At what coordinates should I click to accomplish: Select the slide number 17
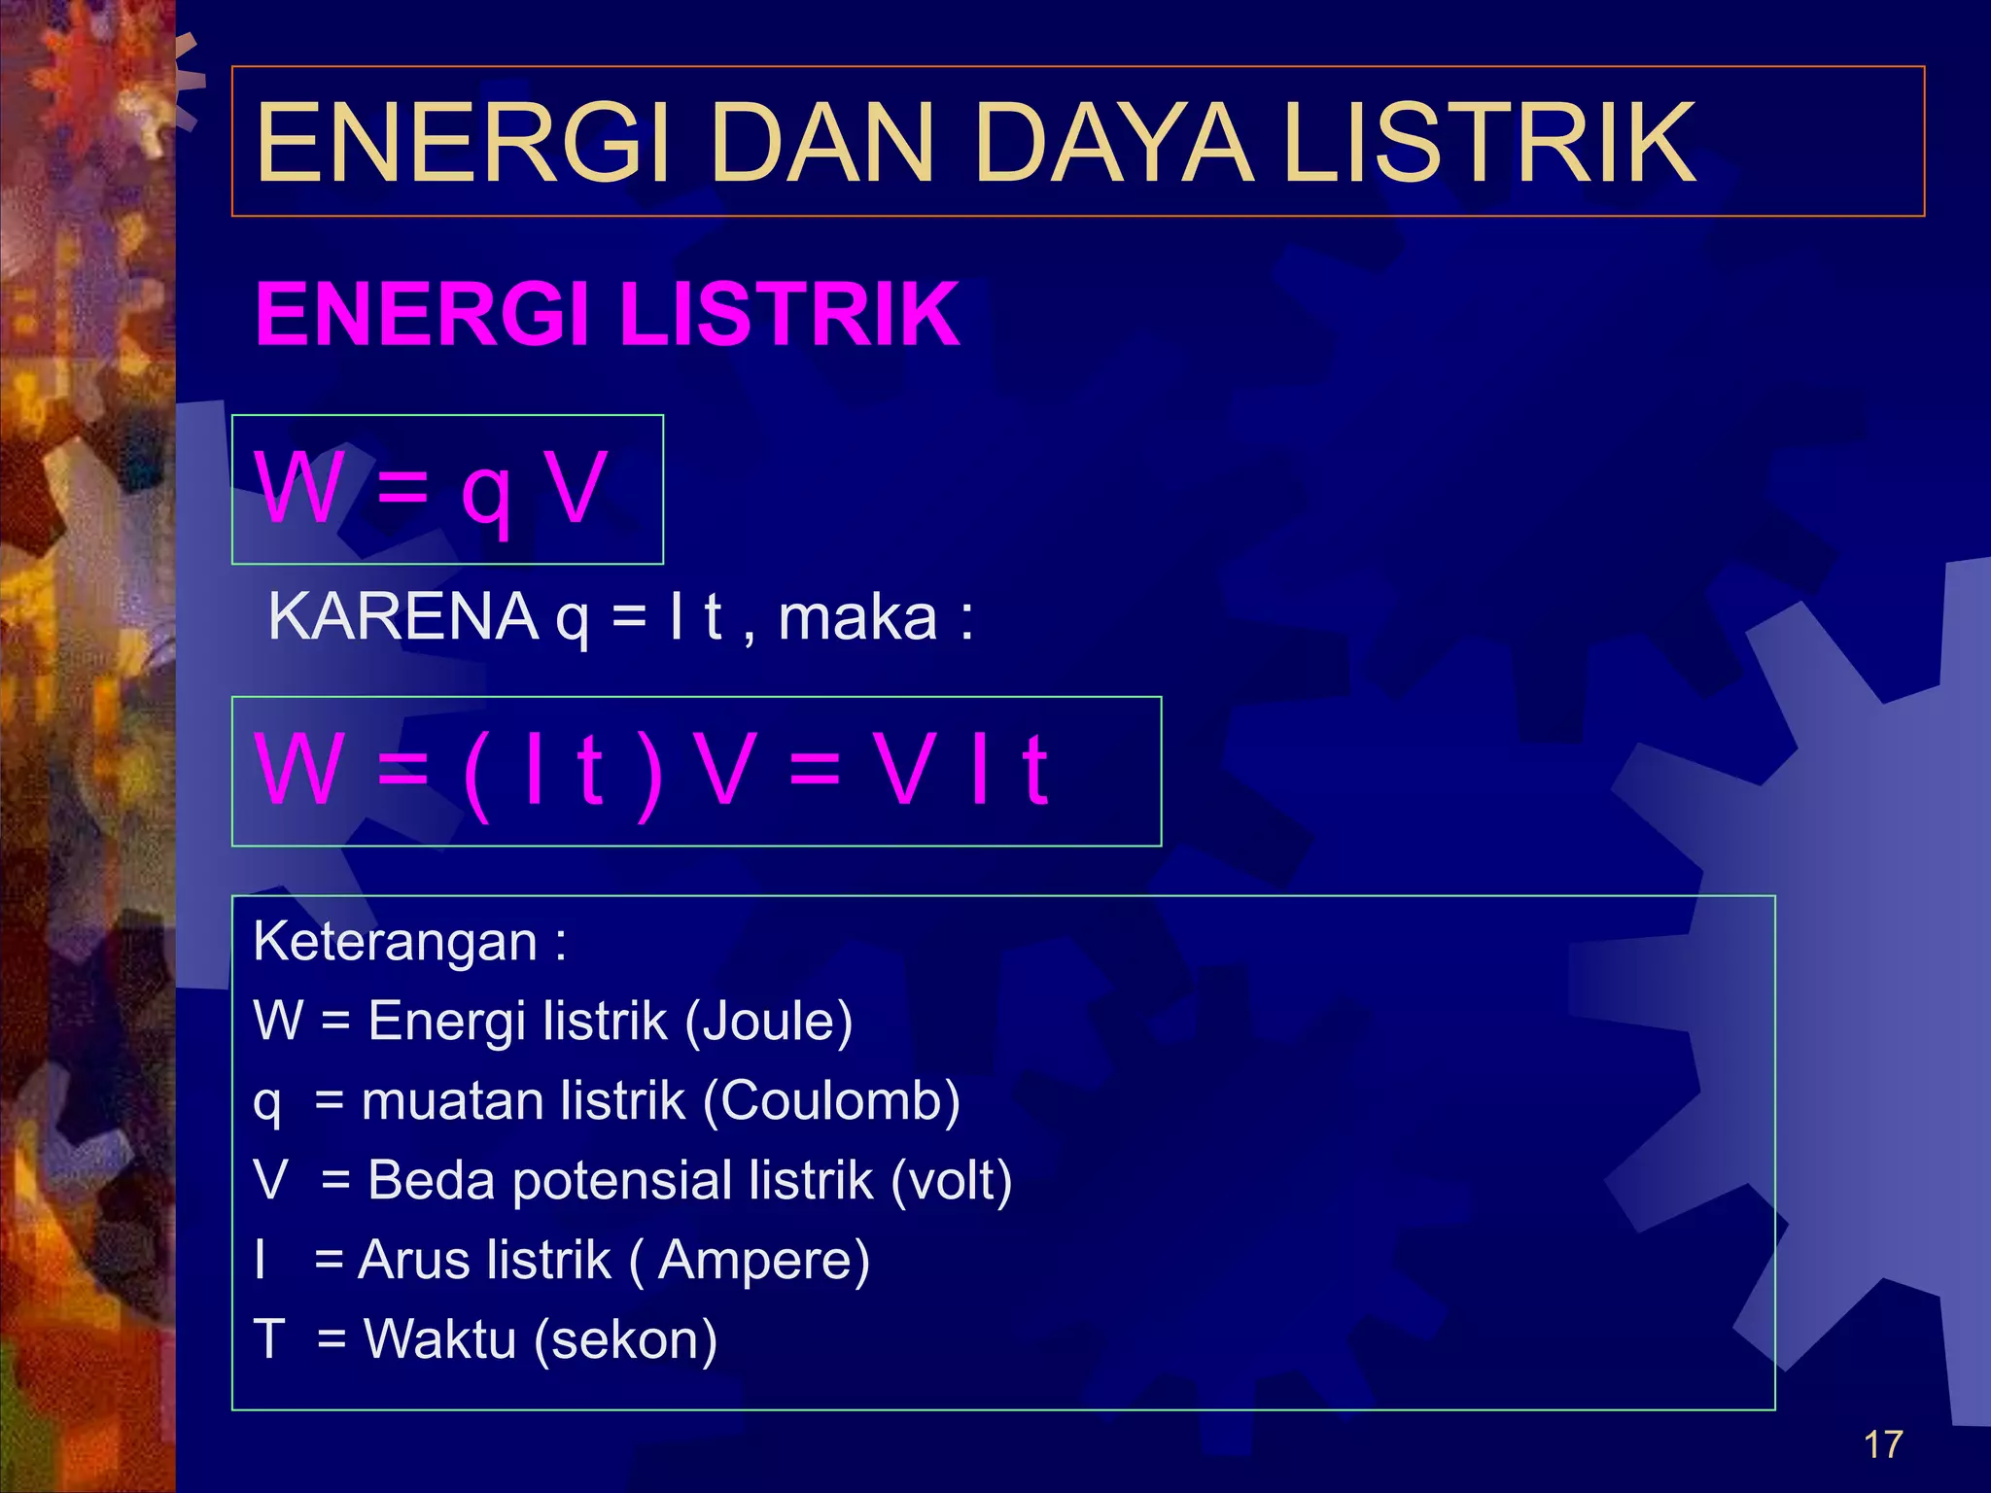pyautogui.click(x=1882, y=1444)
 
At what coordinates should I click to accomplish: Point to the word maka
pyautogui.click(x=857, y=618)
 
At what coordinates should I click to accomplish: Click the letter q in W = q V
pyautogui.click(x=485, y=492)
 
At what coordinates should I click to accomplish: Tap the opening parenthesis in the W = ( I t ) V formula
pyautogui.click(x=476, y=774)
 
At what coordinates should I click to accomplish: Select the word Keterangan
pyautogui.click(x=395, y=943)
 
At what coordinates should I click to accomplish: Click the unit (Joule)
pyautogui.click(x=768, y=1023)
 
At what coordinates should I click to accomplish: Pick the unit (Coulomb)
pyautogui.click(x=831, y=1102)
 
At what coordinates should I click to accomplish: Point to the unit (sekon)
pyautogui.click(x=626, y=1340)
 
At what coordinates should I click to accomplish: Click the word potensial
pyautogui.click(x=623, y=1183)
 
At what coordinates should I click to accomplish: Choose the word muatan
pyautogui.click(x=439, y=1102)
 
